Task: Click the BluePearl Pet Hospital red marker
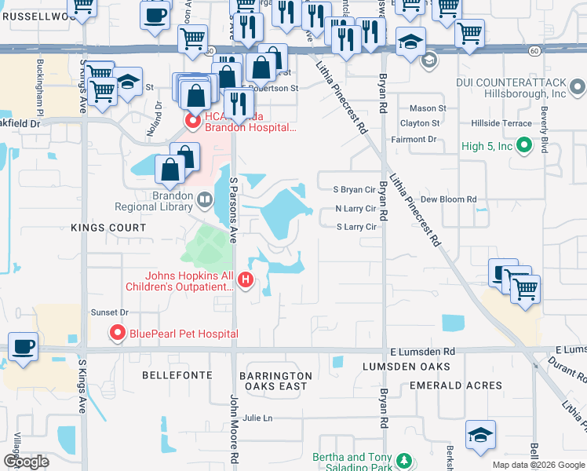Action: [118, 334]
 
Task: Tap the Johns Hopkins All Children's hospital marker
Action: [246, 279]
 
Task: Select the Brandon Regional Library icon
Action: [205, 201]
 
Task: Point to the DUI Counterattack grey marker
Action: [578, 86]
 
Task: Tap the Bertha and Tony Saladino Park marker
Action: [403, 461]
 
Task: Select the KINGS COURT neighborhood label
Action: [108, 228]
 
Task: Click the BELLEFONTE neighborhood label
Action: [173, 376]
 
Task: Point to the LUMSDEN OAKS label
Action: [406, 367]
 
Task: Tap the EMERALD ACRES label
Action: [456, 385]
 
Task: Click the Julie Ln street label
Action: [257, 418]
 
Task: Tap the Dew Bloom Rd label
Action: [449, 199]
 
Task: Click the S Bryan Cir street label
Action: [355, 190]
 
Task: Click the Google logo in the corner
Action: [26, 462]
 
